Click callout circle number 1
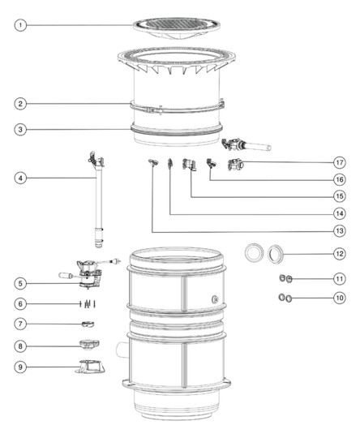coord(20,25)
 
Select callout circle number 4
coord(20,178)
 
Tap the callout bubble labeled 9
coord(20,367)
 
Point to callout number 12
coord(340,254)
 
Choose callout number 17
coord(340,162)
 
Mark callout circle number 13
coord(340,230)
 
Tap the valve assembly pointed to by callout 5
coord(89,274)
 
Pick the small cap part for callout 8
coord(90,345)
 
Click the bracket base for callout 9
coord(90,367)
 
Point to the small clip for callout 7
coord(88,324)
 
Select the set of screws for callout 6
coord(88,303)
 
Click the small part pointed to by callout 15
coord(189,164)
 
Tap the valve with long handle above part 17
coord(246,144)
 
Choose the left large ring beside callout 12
coord(254,252)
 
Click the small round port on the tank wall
coord(216,299)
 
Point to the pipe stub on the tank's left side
coord(122,350)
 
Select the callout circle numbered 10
coord(340,298)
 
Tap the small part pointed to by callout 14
coord(169,164)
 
